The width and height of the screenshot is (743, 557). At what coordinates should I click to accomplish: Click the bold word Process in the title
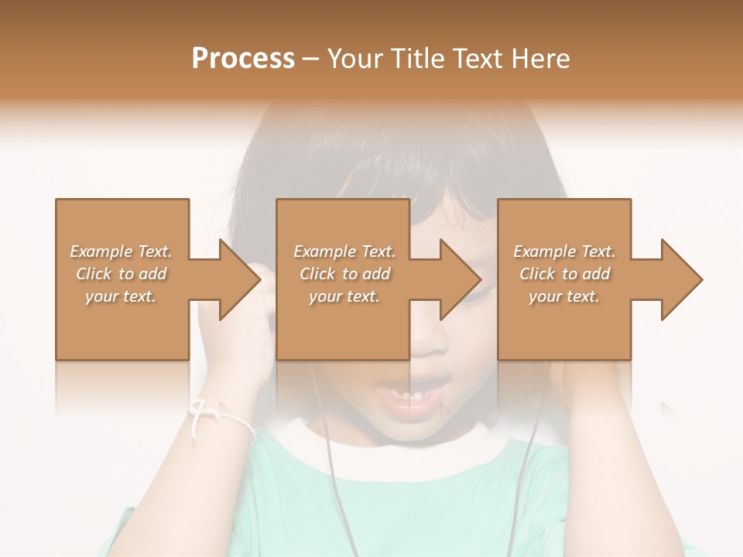coord(243,59)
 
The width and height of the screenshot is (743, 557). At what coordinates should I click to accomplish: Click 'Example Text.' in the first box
coord(121,251)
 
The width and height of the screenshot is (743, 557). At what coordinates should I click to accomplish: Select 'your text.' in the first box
coord(121,296)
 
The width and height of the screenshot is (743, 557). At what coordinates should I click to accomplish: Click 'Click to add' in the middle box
coord(344,274)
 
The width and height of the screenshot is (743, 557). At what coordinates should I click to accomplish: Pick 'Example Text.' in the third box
coord(564,251)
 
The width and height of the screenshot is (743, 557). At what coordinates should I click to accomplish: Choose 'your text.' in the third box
coord(564,296)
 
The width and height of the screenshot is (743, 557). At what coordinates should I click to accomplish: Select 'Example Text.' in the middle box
coord(344,251)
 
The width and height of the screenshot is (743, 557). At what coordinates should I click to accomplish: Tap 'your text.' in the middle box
coord(344,296)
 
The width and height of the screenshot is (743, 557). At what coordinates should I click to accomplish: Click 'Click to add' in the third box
coord(564,274)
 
